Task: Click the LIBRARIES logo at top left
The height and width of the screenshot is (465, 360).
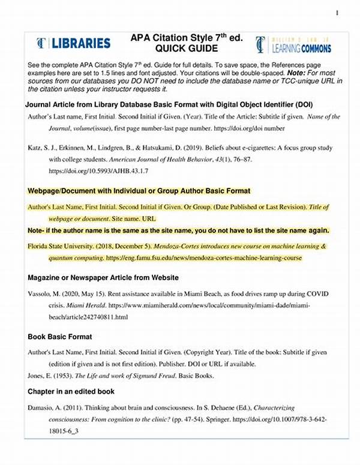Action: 73,43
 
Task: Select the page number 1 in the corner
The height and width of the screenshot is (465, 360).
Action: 337,13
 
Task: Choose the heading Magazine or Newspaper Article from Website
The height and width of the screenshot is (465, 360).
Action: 102,278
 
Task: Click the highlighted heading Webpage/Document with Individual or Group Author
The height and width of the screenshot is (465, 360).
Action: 139,191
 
